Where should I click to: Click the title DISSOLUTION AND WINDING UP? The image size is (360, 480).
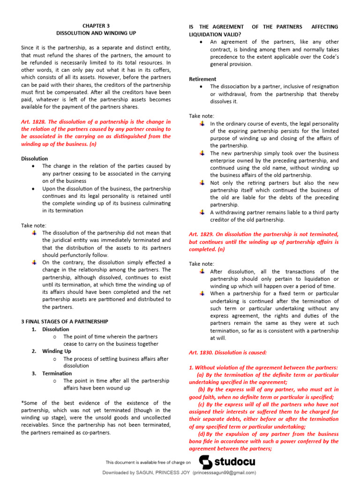96,34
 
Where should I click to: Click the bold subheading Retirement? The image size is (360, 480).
202,79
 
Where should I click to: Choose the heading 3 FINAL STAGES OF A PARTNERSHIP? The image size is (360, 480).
65,321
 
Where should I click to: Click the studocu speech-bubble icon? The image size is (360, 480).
206,462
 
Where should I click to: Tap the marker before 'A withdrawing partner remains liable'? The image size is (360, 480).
202,212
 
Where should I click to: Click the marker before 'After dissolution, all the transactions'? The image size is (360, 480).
202,271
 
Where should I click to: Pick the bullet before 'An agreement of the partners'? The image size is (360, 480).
201,42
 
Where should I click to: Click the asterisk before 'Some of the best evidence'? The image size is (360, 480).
22,403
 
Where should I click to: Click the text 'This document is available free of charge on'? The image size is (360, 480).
149,462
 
